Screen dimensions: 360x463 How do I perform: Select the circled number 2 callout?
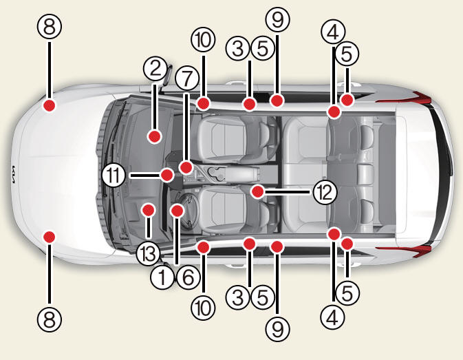coord(155,68)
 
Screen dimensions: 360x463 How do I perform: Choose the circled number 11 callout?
coord(115,176)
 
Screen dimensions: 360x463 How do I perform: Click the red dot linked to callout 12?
coord(257,189)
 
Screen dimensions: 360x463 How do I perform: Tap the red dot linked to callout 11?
coord(166,175)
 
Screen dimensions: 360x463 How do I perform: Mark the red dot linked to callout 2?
coord(154,136)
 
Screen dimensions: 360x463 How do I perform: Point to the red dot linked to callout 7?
coord(186,167)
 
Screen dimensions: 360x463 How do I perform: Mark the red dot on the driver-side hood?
coord(49,236)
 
